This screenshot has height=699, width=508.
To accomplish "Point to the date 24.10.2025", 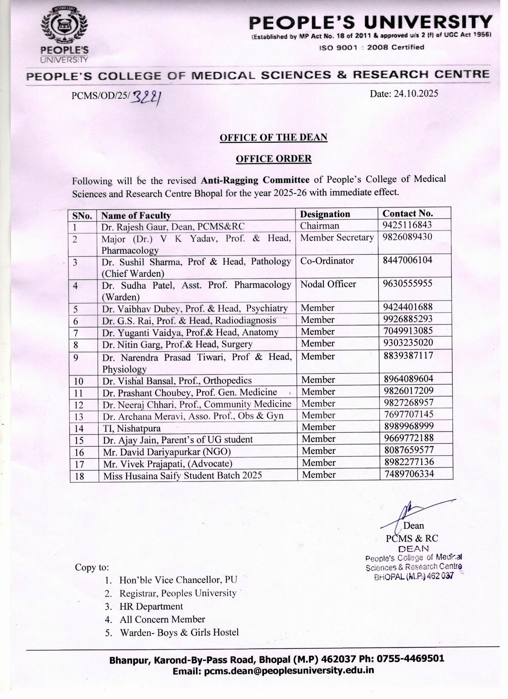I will tap(404, 94).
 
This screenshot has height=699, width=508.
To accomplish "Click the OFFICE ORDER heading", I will tap(273, 159).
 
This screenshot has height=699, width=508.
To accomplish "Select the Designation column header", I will tap(325, 214).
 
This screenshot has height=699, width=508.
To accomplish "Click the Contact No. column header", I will tap(408, 213).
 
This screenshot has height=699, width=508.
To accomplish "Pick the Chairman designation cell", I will tap(319, 226).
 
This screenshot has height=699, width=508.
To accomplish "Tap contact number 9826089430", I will tap(408, 237).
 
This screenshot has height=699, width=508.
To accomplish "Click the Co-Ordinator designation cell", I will tap(327, 261).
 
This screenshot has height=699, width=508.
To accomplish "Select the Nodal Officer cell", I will tap(328, 284).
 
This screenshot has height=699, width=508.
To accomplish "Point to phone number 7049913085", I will tap(408, 331).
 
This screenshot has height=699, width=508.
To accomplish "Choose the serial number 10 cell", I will tap(79, 381).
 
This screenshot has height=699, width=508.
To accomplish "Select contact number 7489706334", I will tap(409, 474).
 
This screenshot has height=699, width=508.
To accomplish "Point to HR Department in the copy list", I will tap(151, 607).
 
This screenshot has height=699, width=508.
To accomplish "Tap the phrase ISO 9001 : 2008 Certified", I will tap(371, 48).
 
